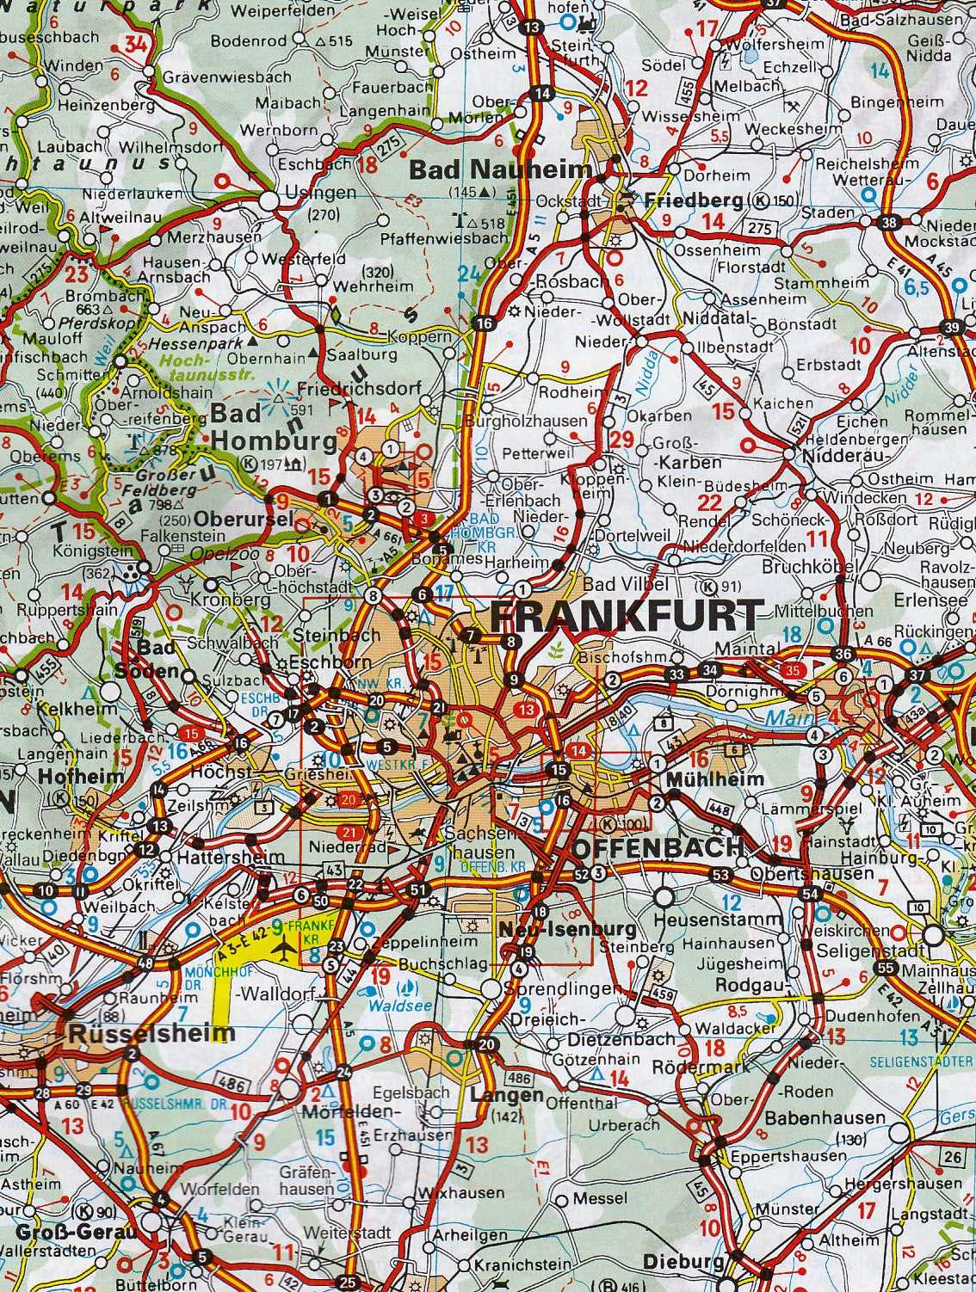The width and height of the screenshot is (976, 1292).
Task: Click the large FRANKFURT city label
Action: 626,616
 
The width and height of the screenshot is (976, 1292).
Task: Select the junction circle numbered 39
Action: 951,327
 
